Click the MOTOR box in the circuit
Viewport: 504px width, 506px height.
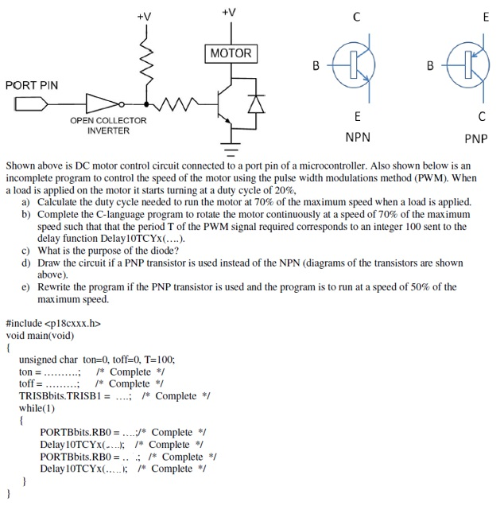click(x=231, y=54)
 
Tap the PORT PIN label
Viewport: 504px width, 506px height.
click(x=32, y=85)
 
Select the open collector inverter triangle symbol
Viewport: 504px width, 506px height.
click(x=102, y=103)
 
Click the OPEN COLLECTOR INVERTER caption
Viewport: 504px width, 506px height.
click(x=108, y=126)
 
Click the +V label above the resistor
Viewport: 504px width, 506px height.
click(x=144, y=15)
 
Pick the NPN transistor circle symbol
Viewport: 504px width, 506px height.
click(x=352, y=65)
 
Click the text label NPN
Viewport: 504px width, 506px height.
click(x=358, y=137)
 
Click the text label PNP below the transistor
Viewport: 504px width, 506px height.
click(x=475, y=138)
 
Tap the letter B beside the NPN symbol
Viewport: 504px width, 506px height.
click(x=316, y=65)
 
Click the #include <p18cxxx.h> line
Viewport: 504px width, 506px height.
click(x=53, y=323)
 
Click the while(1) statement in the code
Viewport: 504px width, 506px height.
click(x=37, y=407)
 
